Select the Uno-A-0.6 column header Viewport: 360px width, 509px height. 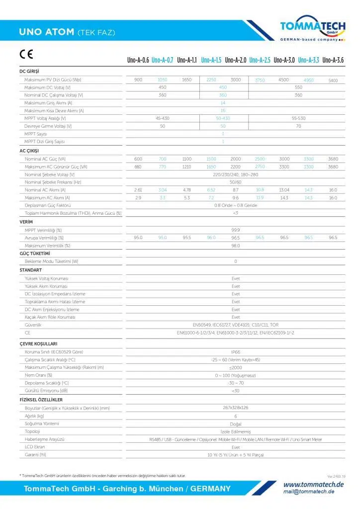click(x=138, y=61)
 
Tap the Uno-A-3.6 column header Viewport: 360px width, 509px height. click(x=333, y=61)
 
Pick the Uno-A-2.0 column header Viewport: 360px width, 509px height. click(x=236, y=61)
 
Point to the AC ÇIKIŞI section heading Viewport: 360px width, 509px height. click(x=29, y=151)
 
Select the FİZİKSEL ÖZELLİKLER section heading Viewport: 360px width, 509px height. click(x=41, y=400)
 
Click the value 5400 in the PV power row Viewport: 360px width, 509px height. click(x=333, y=80)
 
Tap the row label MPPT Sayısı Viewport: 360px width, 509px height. click(x=36, y=134)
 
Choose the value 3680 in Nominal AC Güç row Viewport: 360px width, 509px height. click(x=333, y=159)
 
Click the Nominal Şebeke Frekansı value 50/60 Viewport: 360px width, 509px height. click(x=236, y=182)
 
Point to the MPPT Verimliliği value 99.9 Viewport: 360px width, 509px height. click(x=236, y=230)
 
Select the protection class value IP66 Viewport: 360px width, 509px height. click(x=236, y=351)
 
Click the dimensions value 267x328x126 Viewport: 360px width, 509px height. click(x=236, y=408)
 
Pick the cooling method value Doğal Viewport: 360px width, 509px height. click(x=236, y=424)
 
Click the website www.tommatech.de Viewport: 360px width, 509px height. click(x=314, y=484)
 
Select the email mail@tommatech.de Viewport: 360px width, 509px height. click(x=309, y=492)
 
